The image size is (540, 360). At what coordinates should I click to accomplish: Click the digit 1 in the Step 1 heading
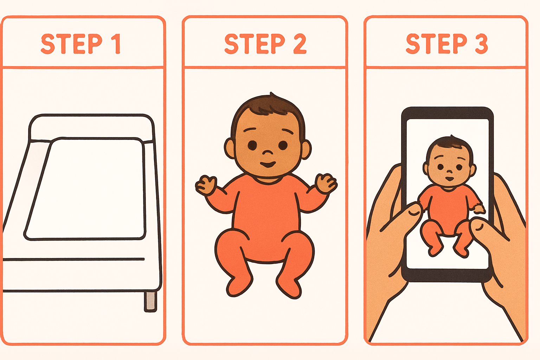tap(117, 44)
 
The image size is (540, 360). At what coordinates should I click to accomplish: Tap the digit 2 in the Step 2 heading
tap(300, 43)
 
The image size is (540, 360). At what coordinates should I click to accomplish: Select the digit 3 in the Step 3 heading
tap(481, 43)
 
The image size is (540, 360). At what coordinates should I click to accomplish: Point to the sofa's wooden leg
tap(150, 301)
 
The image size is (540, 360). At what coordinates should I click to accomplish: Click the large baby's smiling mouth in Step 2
tap(268, 165)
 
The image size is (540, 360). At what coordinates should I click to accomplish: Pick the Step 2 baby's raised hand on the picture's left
tap(206, 185)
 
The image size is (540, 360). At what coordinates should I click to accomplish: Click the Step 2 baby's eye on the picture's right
tap(283, 145)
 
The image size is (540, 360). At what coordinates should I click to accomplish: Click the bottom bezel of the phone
tap(447, 275)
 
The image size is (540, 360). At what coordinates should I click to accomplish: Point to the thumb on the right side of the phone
tap(489, 229)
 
